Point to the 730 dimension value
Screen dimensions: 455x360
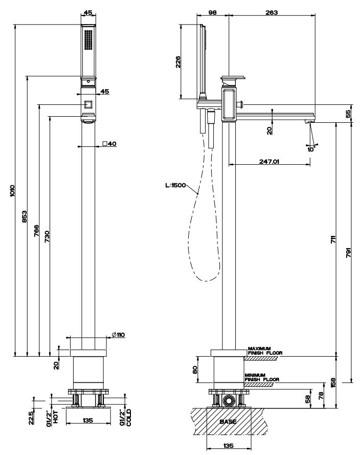47,235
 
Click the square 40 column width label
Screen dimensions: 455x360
109,144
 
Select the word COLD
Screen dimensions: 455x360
129,418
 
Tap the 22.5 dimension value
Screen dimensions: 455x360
31,417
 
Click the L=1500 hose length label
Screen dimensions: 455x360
175,186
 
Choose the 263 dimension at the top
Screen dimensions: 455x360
272,13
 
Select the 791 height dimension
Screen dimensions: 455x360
348,253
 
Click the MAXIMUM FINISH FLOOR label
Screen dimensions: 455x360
265,350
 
